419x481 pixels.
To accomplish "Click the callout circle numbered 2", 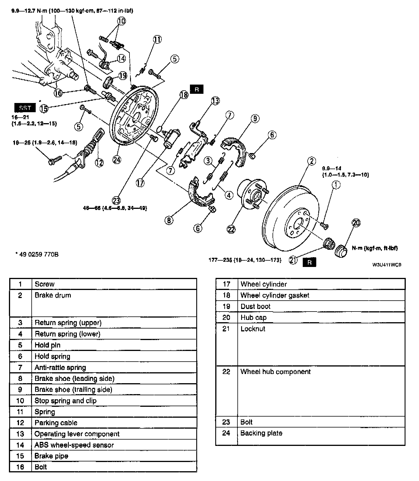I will [312, 161].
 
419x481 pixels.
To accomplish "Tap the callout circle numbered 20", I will [356, 223].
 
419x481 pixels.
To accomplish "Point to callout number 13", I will [215, 101].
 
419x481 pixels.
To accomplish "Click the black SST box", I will [25, 108].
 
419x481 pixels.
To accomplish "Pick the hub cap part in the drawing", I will [342, 251].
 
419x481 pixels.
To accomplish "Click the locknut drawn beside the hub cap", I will [329, 244].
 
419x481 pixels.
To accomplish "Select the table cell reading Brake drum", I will [53, 295].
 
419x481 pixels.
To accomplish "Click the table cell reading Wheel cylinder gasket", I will [275, 295].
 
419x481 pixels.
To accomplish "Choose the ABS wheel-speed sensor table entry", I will [74, 445].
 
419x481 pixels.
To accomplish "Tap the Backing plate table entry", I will [261, 433].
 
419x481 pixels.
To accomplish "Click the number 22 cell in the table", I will [226, 372].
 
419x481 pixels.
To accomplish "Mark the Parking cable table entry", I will [56, 423].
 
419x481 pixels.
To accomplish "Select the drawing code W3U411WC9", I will [386, 265].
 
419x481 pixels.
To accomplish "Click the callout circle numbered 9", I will [255, 119].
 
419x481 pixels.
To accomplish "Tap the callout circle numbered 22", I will [231, 229].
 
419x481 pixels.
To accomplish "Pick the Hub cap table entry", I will [254, 318].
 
